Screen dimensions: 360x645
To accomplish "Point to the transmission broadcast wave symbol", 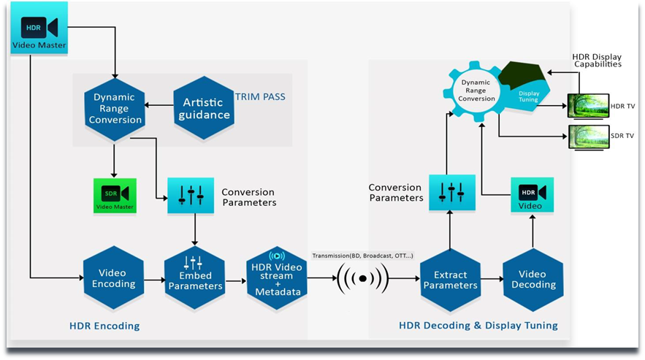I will (362, 278).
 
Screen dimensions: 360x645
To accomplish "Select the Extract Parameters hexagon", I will (450, 278).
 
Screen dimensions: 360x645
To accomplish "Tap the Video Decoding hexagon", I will (532, 278).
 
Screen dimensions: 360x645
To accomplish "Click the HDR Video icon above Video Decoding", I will (531, 195).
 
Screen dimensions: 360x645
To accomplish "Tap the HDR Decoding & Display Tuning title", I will (478, 326).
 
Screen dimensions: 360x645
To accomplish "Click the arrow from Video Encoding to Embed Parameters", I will (153, 278).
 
